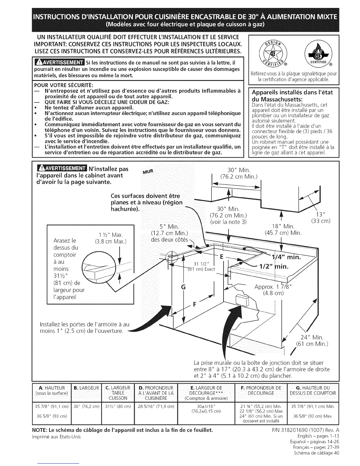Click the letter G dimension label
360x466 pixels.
pos(183,287)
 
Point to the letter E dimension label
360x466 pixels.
pos(222,257)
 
